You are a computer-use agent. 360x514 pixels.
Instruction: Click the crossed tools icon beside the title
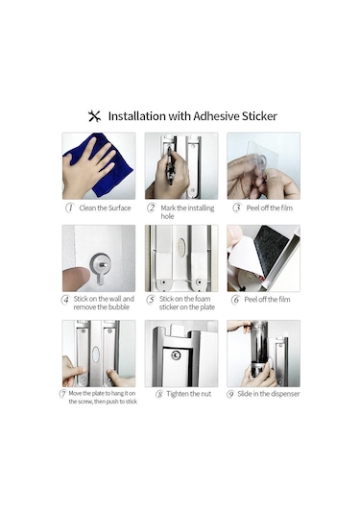(x=94, y=116)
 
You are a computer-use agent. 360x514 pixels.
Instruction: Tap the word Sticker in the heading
(x=259, y=116)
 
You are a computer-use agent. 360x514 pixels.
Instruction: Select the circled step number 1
(x=70, y=208)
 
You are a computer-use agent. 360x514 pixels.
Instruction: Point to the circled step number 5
(x=151, y=300)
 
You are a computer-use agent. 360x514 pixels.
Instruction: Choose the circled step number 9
(x=230, y=394)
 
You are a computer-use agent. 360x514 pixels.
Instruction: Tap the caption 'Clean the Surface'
(x=105, y=208)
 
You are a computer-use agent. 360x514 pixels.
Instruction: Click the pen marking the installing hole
(x=170, y=165)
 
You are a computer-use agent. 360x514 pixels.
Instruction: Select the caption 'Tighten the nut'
(x=189, y=394)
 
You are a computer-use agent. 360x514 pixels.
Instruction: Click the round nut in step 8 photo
(x=177, y=355)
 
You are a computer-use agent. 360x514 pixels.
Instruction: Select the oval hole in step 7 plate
(x=96, y=355)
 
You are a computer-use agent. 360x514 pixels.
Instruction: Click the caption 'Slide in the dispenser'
(x=269, y=394)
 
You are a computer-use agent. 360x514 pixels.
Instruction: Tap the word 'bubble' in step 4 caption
(x=118, y=307)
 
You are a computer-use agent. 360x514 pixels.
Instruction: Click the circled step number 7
(x=62, y=393)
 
